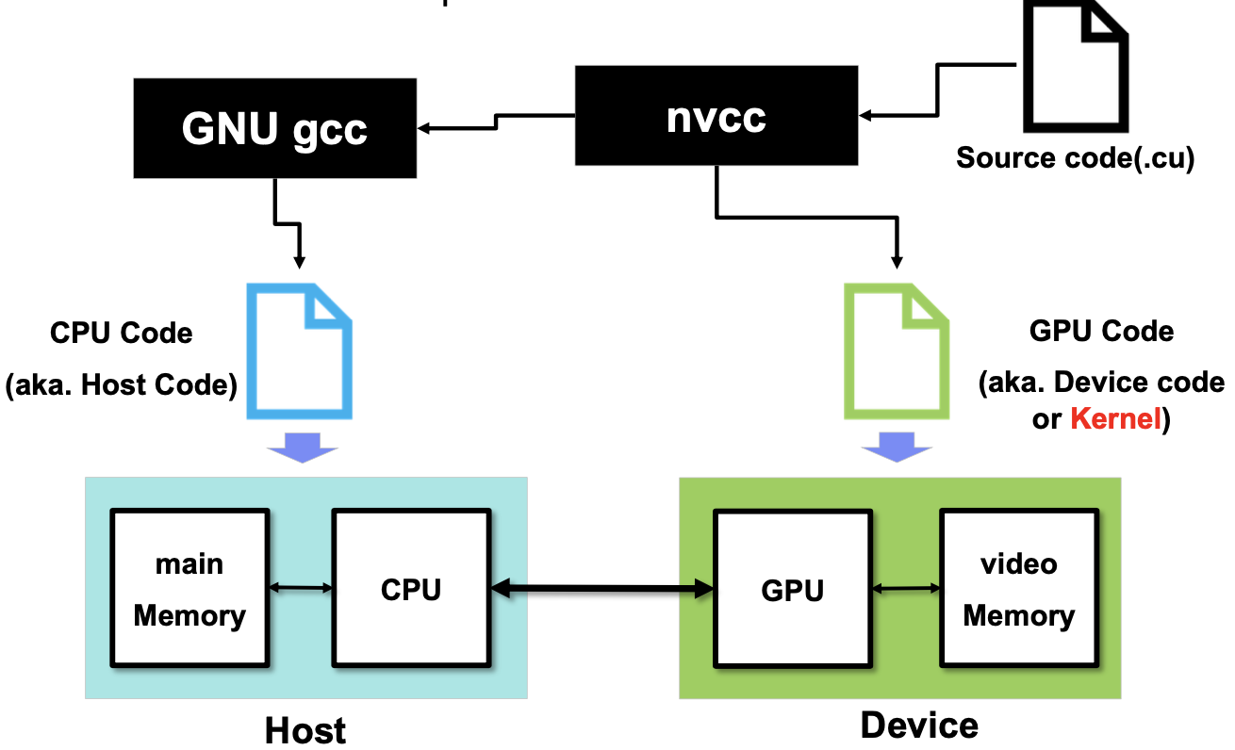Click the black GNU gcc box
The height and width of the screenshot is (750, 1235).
(x=274, y=128)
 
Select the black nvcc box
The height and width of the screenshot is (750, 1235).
(x=716, y=115)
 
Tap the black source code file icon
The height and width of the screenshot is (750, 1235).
(x=1075, y=66)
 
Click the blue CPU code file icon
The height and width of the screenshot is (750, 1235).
(x=300, y=351)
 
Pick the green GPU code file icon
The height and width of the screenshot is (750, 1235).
(x=897, y=351)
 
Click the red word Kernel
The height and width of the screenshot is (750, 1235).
(x=1115, y=418)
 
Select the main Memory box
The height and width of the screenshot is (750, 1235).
(x=189, y=588)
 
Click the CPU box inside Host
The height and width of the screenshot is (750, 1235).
(x=411, y=588)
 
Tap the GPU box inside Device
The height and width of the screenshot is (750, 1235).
(x=793, y=589)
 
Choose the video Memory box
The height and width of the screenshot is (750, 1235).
(x=1019, y=588)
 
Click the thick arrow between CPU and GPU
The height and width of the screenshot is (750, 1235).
(x=602, y=589)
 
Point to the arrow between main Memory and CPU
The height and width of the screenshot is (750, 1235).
(x=301, y=588)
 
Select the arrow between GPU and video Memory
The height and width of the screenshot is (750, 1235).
(x=906, y=589)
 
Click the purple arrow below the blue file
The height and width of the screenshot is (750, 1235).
(x=302, y=448)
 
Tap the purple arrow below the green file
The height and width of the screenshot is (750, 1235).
(x=897, y=447)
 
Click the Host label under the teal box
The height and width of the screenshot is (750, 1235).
(x=305, y=731)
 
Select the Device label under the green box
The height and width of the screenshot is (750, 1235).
(x=919, y=726)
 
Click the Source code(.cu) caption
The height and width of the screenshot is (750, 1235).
(x=1075, y=158)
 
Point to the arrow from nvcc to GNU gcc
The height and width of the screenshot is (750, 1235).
(x=496, y=122)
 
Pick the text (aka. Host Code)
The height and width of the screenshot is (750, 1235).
(x=121, y=384)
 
